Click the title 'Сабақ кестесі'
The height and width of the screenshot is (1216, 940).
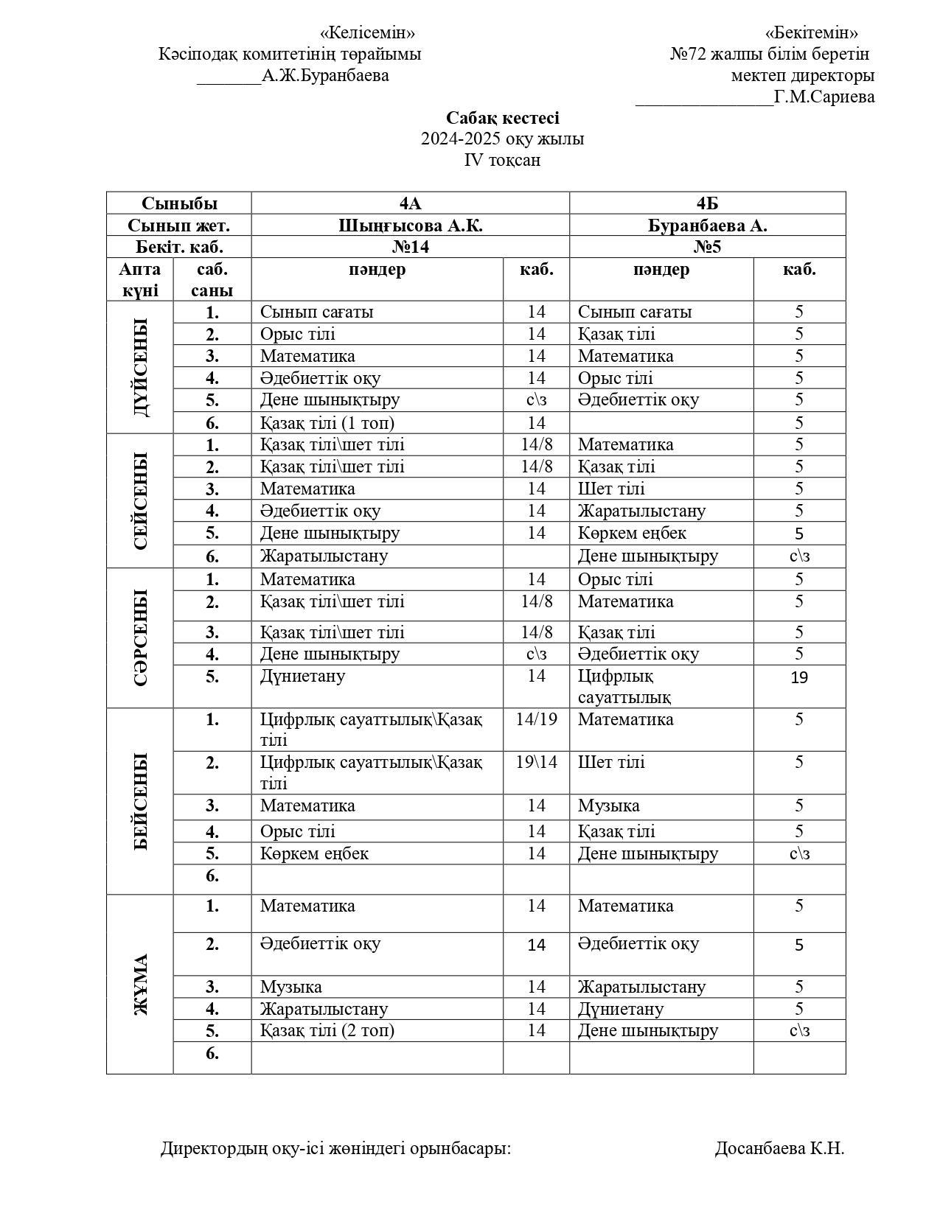(502, 118)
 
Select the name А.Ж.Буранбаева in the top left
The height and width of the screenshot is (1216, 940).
(325, 75)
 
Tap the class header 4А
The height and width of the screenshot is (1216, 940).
(410, 204)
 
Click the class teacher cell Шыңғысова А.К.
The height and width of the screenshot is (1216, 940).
(410, 226)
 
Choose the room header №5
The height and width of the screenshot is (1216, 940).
(707, 247)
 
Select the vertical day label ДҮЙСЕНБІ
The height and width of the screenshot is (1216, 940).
(141, 367)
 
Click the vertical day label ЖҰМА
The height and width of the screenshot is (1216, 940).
(141, 984)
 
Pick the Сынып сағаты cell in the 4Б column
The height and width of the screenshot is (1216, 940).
(635, 312)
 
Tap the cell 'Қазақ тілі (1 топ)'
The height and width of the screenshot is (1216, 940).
(327, 423)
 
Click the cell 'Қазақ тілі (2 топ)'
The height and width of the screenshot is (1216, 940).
(327, 1030)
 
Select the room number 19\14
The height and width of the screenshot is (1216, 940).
(536, 762)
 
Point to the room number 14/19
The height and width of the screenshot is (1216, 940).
(536, 719)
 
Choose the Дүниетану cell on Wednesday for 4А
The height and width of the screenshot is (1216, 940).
(302, 676)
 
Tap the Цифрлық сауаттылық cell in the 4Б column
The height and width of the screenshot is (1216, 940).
(624, 686)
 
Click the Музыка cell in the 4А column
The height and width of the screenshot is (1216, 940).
(290, 987)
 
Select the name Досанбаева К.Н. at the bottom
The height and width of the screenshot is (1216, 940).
(779, 1148)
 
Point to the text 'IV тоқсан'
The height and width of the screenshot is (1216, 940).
(502, 160)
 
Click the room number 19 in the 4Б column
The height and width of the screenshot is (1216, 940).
(799, 677)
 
